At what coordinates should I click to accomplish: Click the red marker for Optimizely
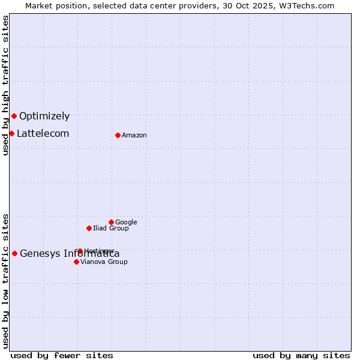(14, 116)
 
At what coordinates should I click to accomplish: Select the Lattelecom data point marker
(11, 133)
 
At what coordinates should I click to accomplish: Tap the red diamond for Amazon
(118, 135)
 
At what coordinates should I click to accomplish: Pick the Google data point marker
(111, 222)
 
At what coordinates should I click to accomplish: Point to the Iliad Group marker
(89, 228)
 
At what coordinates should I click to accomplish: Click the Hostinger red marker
(80, 251)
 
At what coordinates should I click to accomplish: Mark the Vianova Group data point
(76, 262)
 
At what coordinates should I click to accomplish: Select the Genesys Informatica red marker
(14, 253)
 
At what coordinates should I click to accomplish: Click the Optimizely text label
(44, 116)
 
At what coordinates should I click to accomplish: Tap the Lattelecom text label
(43, 134)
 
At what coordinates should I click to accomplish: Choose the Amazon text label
(134, 136)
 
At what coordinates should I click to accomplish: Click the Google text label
(126, 223)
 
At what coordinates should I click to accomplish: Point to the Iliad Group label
(111, 229)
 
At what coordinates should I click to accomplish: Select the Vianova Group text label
(104, 262)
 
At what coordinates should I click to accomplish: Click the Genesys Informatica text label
(70, 254)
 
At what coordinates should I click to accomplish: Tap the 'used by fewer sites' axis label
(62, 356)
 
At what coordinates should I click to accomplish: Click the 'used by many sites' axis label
(301, 356)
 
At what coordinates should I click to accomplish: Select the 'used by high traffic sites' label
(6, 85)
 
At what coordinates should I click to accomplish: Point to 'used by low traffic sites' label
(6, 281)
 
